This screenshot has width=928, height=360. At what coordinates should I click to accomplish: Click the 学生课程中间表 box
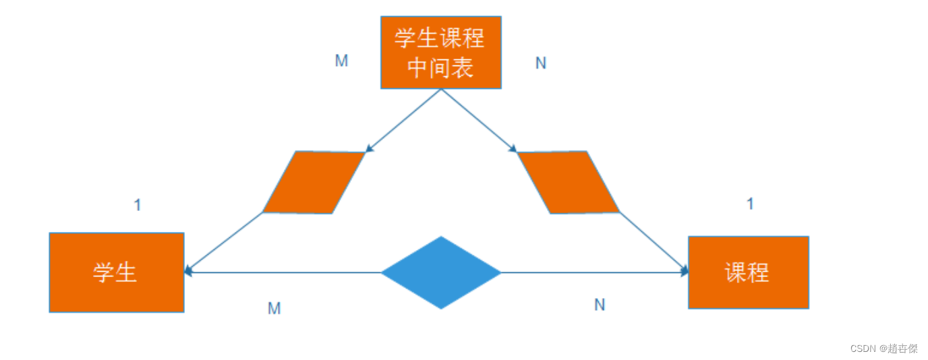(x=440, y=53)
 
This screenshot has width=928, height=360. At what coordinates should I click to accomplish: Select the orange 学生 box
(x=116, y=272)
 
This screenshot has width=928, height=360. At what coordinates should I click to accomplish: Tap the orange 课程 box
(x=748, y=272)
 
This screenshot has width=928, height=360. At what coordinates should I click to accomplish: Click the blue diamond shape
(x=441, y=272)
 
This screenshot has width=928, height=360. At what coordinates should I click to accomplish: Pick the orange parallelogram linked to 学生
(x=314, y=183)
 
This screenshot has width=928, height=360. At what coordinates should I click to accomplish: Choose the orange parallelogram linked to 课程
(x=568, y=183)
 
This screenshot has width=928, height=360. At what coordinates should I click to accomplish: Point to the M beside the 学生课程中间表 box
(x=341, y=61)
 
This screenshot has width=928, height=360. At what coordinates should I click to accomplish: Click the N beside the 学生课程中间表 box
(x=541, y=63)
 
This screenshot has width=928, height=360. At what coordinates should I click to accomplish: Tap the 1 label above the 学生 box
(x=138, y=205)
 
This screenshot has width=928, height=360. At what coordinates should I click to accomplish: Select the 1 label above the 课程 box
(x=750, y=204)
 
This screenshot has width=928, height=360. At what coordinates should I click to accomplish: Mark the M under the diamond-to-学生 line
(x=274, y=309)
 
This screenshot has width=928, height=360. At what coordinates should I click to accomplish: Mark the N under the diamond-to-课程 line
(x=600, y=305)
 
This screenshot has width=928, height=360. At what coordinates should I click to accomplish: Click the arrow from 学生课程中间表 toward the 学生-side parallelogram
(x=403, y=121)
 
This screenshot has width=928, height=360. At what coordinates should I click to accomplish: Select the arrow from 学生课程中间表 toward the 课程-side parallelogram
(x=478, y=121)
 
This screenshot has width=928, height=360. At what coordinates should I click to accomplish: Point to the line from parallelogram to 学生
(x=223, y=243)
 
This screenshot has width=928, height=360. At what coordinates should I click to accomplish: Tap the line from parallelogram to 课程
(x=654, y=242)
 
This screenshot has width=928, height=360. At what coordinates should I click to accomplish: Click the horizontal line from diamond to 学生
(x=283, y=272)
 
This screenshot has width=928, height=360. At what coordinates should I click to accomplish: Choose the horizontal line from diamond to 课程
(x=593, y=272)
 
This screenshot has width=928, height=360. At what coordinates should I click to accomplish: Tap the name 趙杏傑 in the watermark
(x=902, y=349)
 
